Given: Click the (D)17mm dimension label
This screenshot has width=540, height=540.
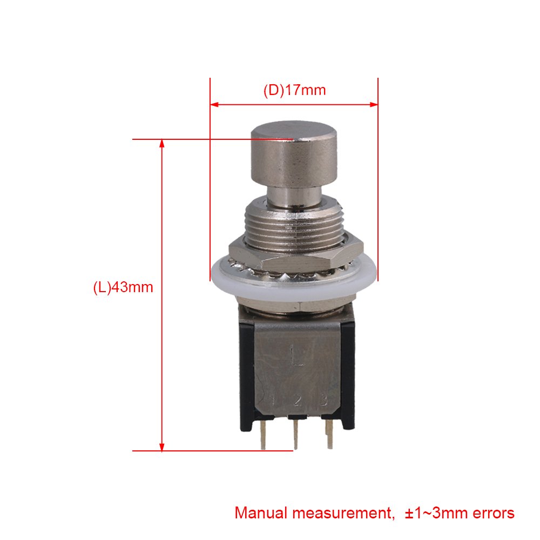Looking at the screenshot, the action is (x=294, y=90).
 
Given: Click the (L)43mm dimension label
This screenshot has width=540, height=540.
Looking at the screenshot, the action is (x=123, y=287).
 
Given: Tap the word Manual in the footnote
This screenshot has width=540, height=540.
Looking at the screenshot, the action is (x=261, y=513).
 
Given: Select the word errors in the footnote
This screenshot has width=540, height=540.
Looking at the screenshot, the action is (x=494, y=513).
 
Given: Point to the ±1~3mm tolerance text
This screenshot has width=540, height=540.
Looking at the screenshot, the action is (x=436, y=513).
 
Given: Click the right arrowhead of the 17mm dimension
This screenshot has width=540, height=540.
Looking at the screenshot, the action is (x=374, y=104).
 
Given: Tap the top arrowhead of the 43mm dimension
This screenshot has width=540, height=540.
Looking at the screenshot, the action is (x=162, y=144).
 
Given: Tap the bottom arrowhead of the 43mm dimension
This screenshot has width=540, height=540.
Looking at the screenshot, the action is (x=162, y=447).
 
